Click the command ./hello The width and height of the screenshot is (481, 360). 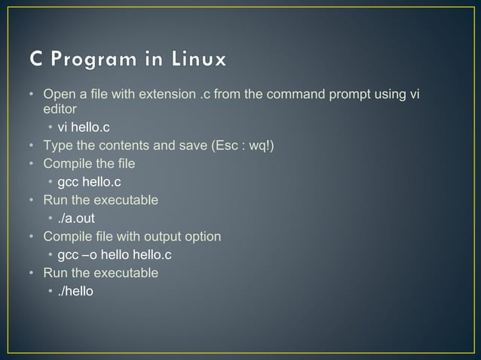point(75,291)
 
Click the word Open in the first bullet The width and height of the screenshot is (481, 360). point(57,94)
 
